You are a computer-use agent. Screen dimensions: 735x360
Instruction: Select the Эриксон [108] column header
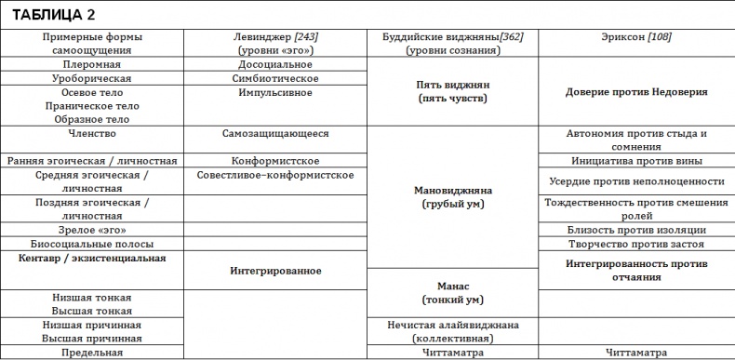tap(636, 36)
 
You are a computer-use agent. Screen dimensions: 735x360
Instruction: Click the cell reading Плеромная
tap(91, 64)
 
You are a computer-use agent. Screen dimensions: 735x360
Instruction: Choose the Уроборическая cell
tap(91, 78)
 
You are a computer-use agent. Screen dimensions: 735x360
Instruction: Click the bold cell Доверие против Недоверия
tap(636, 92)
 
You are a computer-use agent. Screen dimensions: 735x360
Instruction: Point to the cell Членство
tap(91, 133)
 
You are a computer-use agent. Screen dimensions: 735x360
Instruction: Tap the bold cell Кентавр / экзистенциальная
tap(91, 258)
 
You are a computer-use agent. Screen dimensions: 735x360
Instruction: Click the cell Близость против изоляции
tap(636, 230)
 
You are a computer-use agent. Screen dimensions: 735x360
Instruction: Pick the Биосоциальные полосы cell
tap(91, 244)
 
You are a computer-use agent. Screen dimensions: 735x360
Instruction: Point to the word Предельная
tap(91, 353)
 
